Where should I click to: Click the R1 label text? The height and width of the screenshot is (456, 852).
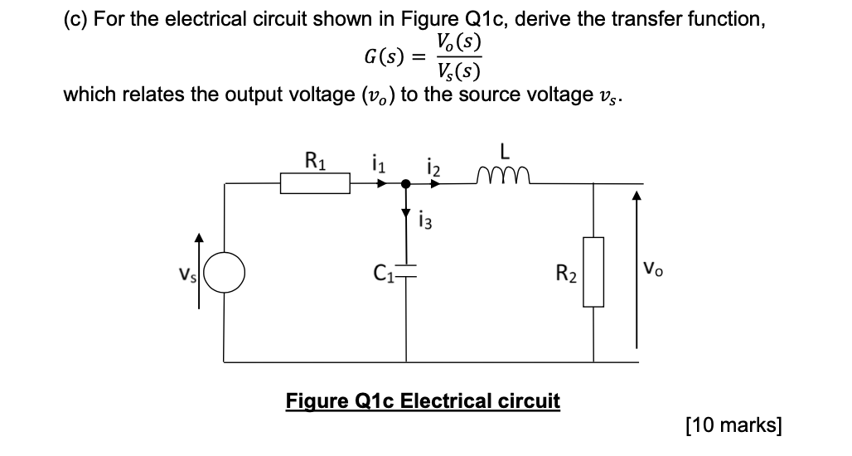point(314,158)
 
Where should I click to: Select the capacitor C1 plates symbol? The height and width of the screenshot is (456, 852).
point(406,270)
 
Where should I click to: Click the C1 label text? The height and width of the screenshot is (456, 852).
point(383,271)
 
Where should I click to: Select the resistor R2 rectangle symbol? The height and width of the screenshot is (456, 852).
point(593,271)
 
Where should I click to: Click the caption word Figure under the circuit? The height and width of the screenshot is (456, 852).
point(314,401)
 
